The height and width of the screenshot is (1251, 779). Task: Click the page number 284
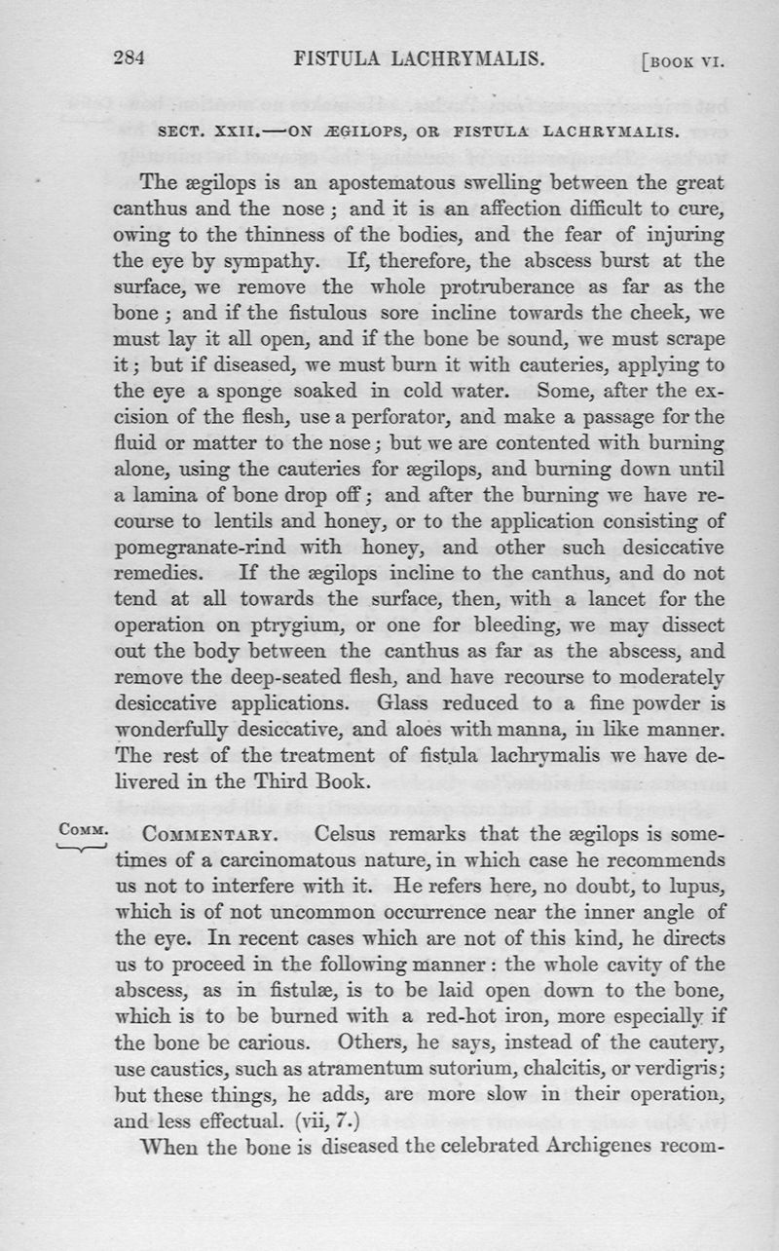tap(130, 57)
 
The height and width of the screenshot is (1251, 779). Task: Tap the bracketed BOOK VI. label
tap(686, 60)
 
